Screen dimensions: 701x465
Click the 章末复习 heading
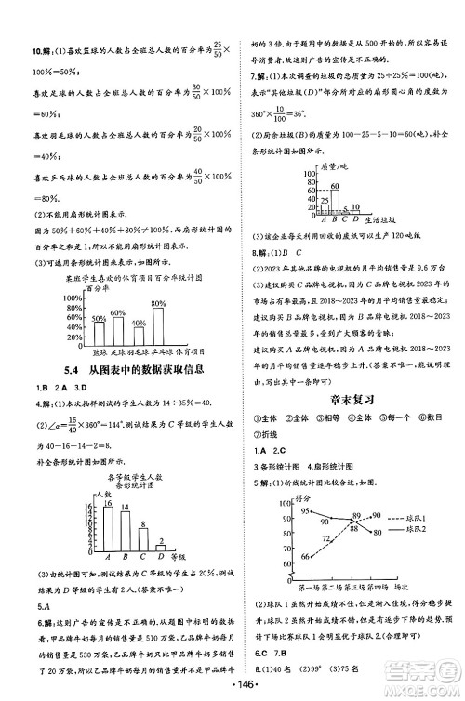[350, 398]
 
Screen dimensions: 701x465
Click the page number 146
[232, 688]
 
